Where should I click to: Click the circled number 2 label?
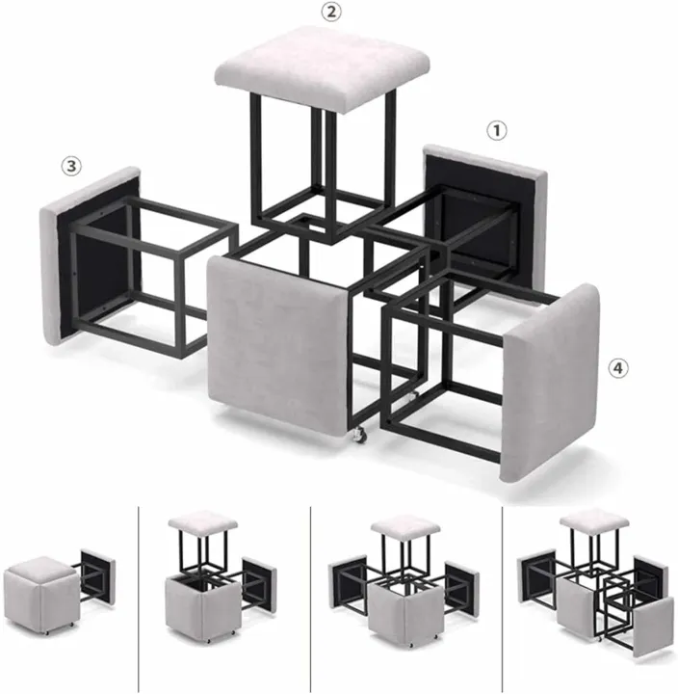tap(331, 12)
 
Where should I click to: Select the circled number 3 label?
tap(70, 166)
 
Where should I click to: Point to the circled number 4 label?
tap(617, 367)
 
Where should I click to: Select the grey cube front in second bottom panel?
tap(194, 607)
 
